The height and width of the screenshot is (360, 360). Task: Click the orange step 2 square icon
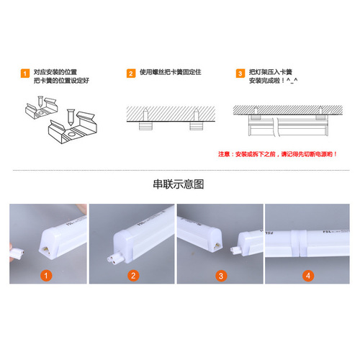coord(131,74)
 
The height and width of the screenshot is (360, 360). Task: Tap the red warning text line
coord(277,154)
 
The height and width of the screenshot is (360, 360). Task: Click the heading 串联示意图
coord(179,184)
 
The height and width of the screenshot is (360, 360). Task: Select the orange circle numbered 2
coord(133,276)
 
